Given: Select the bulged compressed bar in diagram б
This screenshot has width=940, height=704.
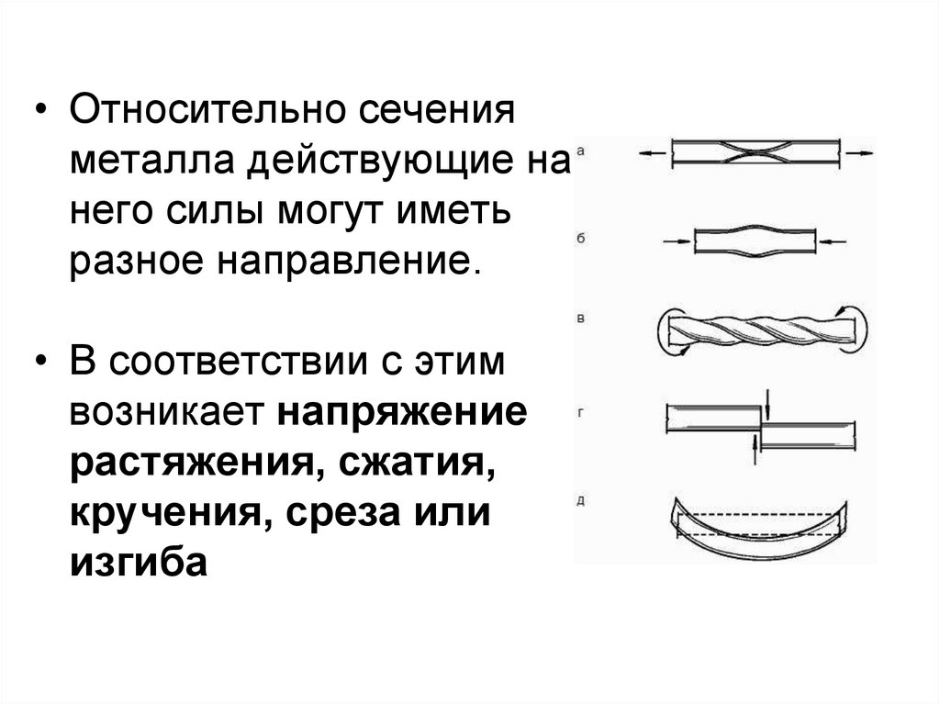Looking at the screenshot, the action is click(x=755, y=240).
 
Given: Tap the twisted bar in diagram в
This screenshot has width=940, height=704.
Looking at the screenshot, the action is click(x=762, y=328).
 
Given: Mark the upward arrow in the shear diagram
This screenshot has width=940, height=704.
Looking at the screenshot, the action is click(x=755, y=449).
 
